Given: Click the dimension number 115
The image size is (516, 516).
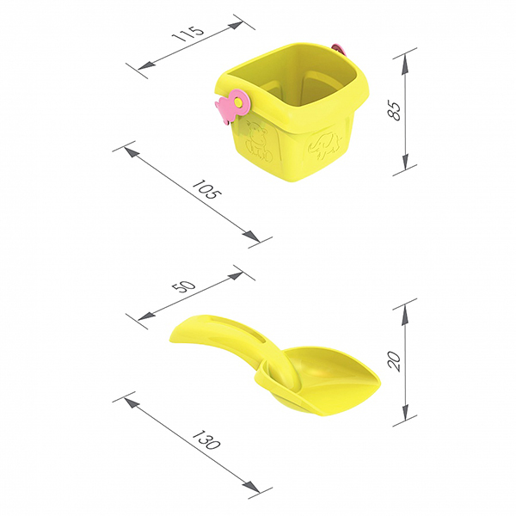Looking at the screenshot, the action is click(x=188, y=33).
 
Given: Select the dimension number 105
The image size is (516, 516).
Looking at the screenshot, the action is click(x=206, y=189).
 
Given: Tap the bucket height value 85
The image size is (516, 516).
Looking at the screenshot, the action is click(x=394, y=110).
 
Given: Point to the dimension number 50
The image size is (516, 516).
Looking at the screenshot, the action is click(x=185, y=286).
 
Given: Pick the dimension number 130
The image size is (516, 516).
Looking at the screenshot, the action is click(x=206, y=439).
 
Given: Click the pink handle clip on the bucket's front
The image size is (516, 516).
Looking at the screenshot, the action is click(x=231, y=107).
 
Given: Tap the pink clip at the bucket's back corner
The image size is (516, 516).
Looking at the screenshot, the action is click(x=339, y=49).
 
